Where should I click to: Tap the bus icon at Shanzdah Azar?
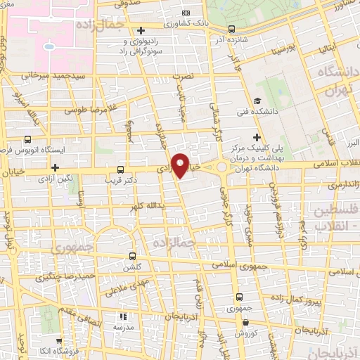point(231,30)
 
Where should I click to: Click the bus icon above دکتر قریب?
point(121,169)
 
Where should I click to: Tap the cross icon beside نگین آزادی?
point(55,167)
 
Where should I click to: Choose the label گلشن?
point(133,268)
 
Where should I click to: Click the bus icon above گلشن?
point(133,257)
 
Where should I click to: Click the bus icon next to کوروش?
point(245,323)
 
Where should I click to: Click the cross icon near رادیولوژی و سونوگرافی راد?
point(141,30)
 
